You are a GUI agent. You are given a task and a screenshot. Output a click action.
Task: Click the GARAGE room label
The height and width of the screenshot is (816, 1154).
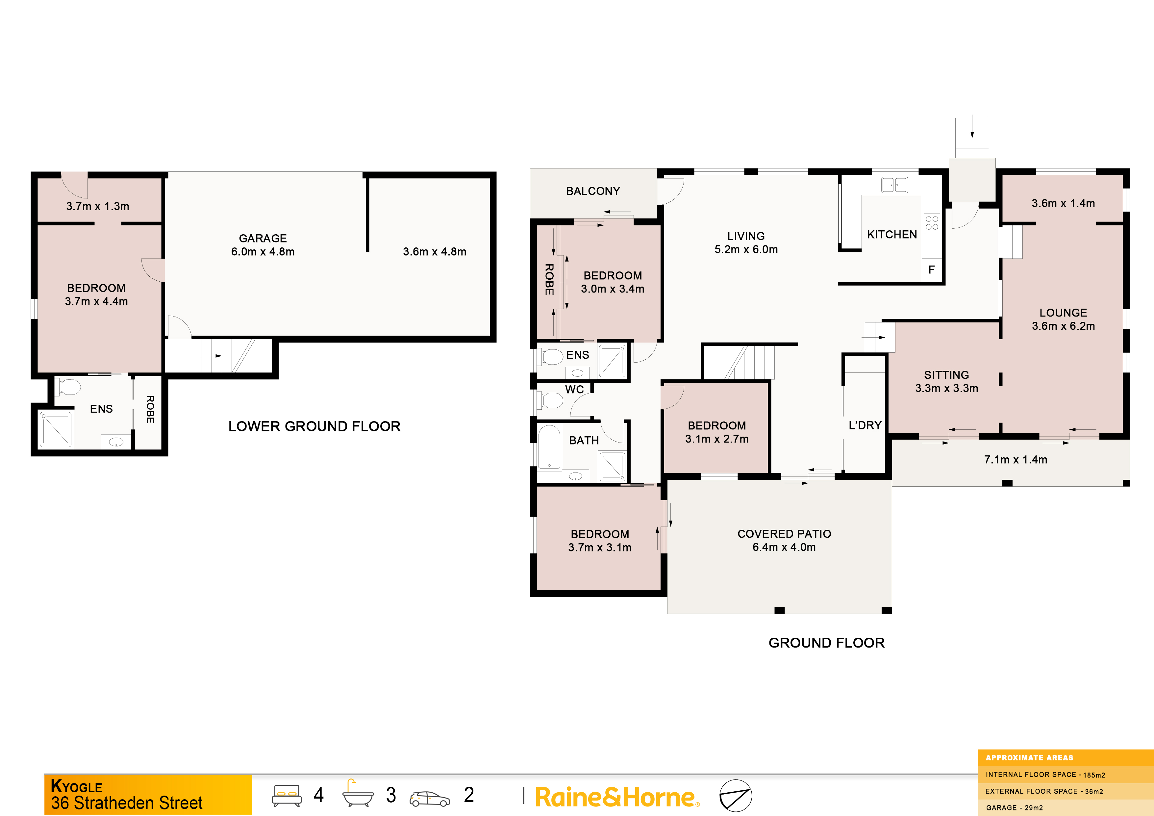click(x=263, y=238)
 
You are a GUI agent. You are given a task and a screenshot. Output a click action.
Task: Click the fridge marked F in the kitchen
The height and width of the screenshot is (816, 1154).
click(x=931, y=270)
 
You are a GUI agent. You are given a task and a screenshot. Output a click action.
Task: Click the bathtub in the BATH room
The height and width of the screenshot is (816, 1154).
click(x=549, y=447)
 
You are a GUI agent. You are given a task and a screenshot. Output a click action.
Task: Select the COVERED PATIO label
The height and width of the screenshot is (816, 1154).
click(x=784, y=534)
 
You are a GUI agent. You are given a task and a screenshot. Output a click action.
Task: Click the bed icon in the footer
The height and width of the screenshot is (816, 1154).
click(x=287, y=795)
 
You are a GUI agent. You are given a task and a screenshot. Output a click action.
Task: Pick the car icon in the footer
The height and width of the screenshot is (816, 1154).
click(x=430, y=799)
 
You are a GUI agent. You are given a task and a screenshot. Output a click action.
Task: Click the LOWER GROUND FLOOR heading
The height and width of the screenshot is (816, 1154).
click(x=314, y=426)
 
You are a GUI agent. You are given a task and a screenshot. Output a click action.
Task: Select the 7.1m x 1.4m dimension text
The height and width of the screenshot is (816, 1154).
click(x=1015, y=460)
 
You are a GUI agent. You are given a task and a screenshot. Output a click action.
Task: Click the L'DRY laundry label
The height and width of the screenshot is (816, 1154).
click(x=865, y=425)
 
